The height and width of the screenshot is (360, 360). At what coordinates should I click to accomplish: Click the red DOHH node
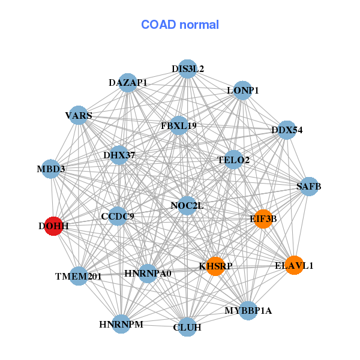[x=53, y=226]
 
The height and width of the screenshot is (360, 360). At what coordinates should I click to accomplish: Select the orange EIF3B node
[x=263, y=219]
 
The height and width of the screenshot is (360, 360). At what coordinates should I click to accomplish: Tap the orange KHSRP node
[x=215, y=266]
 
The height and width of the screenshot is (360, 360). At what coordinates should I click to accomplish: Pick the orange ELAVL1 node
[x=294, y=265]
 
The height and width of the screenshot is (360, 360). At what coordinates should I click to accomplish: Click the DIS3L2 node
[x=188, y=69]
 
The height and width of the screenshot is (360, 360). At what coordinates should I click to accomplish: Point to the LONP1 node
[x=242, y=91]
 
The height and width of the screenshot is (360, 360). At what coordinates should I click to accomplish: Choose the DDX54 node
[x=287, y=130]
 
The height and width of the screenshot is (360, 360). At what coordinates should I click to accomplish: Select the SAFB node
[x=309, y=187]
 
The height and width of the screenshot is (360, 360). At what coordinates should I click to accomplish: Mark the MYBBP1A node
[x=248, y=311]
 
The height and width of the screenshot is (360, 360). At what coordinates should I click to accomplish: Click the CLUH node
[x=187, y=327]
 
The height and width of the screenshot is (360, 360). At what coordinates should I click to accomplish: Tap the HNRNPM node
[x=121, y=324]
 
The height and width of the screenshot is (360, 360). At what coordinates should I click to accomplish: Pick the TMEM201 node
[x=79, y=276]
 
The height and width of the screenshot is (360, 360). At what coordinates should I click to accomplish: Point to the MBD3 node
[x=51, y=169]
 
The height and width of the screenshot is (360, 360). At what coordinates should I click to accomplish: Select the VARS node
[x=79, y=115]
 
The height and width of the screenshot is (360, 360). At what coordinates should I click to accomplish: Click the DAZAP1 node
[x=128, y=83]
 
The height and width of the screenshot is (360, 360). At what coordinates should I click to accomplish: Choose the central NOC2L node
[x=187, y=206]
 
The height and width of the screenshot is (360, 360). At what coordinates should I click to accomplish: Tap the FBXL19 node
[x=179, y=125]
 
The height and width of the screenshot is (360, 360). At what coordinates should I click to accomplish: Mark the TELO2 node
[x=233, y=160]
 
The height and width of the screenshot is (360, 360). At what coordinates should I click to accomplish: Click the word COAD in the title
[x=158, y=25]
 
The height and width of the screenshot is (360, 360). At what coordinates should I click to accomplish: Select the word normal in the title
[x=199, y=25]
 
